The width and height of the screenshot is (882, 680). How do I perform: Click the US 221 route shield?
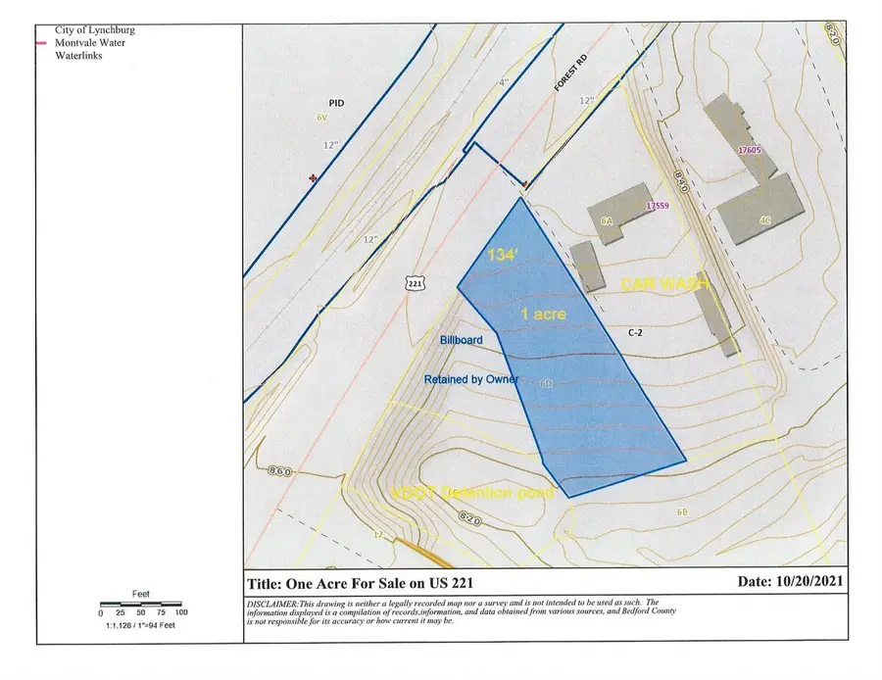pyautogui.click(x=416, y=282)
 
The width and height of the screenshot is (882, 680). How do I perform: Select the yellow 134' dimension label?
pyautogui.click(x=503, y=256)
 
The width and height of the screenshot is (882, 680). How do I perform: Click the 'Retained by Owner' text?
pyautogui.click(x=470, y=379)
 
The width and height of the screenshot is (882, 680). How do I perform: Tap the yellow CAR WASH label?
pyautogui.click(x=664, y=283)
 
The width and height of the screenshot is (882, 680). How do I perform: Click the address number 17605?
pyautogui.click(x=752, y=150)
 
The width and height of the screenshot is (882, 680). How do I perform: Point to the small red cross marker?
pyautogui.click(x=314, y=178)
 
